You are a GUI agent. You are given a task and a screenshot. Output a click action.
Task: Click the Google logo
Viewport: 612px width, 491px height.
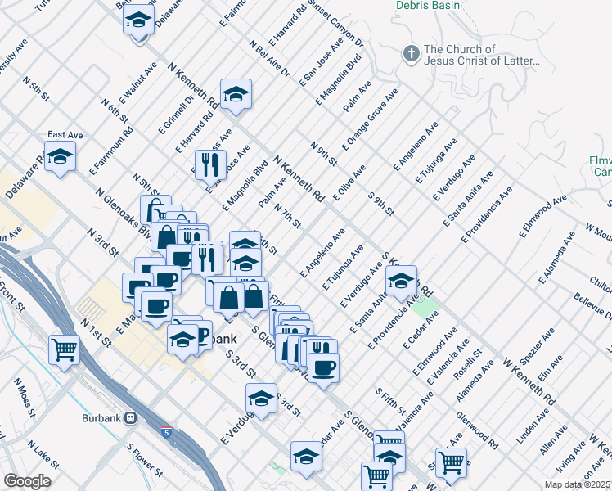coord(27,481)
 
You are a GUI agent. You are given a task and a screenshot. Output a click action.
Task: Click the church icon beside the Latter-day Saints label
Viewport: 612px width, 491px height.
coord(412,54)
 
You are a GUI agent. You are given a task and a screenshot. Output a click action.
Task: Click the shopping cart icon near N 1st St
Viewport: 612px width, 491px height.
coord(64,349)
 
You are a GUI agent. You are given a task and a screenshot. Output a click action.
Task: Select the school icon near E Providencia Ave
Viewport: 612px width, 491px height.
coord(401,282)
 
